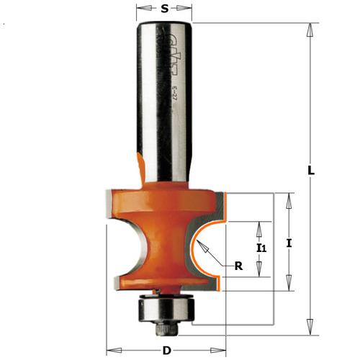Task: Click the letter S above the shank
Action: point(165,10)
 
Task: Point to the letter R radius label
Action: point(238,266)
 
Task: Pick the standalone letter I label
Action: point(289,244)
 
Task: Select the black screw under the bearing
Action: point(166,328)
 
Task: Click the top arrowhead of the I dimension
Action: point(289,199)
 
